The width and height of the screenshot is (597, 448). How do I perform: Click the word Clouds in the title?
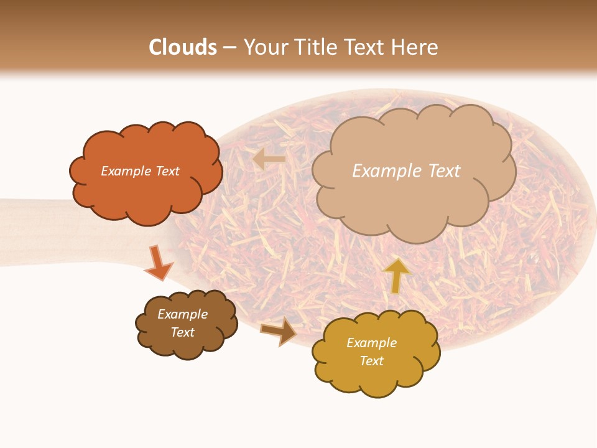pos(183,47)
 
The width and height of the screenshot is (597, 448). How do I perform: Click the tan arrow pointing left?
pos(269,159)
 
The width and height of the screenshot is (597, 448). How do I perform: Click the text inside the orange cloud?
pos(140,171)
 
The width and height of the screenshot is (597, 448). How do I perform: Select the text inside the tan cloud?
pos(406,171)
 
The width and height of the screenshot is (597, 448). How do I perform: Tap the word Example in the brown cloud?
pos(182,314)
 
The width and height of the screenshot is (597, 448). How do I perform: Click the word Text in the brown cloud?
pos(182,332)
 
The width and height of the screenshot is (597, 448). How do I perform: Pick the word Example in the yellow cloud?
pos(371,343)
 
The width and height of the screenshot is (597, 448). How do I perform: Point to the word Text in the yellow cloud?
pos(371,361)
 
